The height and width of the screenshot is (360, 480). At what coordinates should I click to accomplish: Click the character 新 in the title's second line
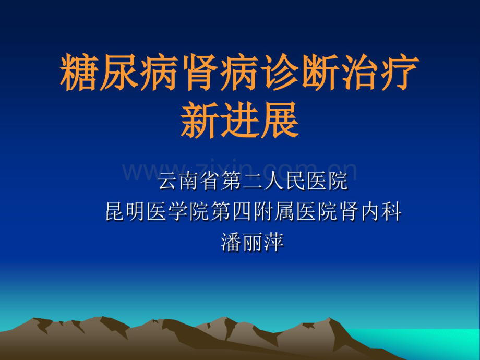[x=200, y=119]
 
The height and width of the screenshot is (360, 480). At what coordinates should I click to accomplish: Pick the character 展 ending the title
[x=280, y=119]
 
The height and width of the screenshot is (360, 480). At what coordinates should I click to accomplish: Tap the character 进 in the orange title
[x=240, y=119]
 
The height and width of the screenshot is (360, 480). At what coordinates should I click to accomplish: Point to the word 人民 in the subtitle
[x=302, y=183]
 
